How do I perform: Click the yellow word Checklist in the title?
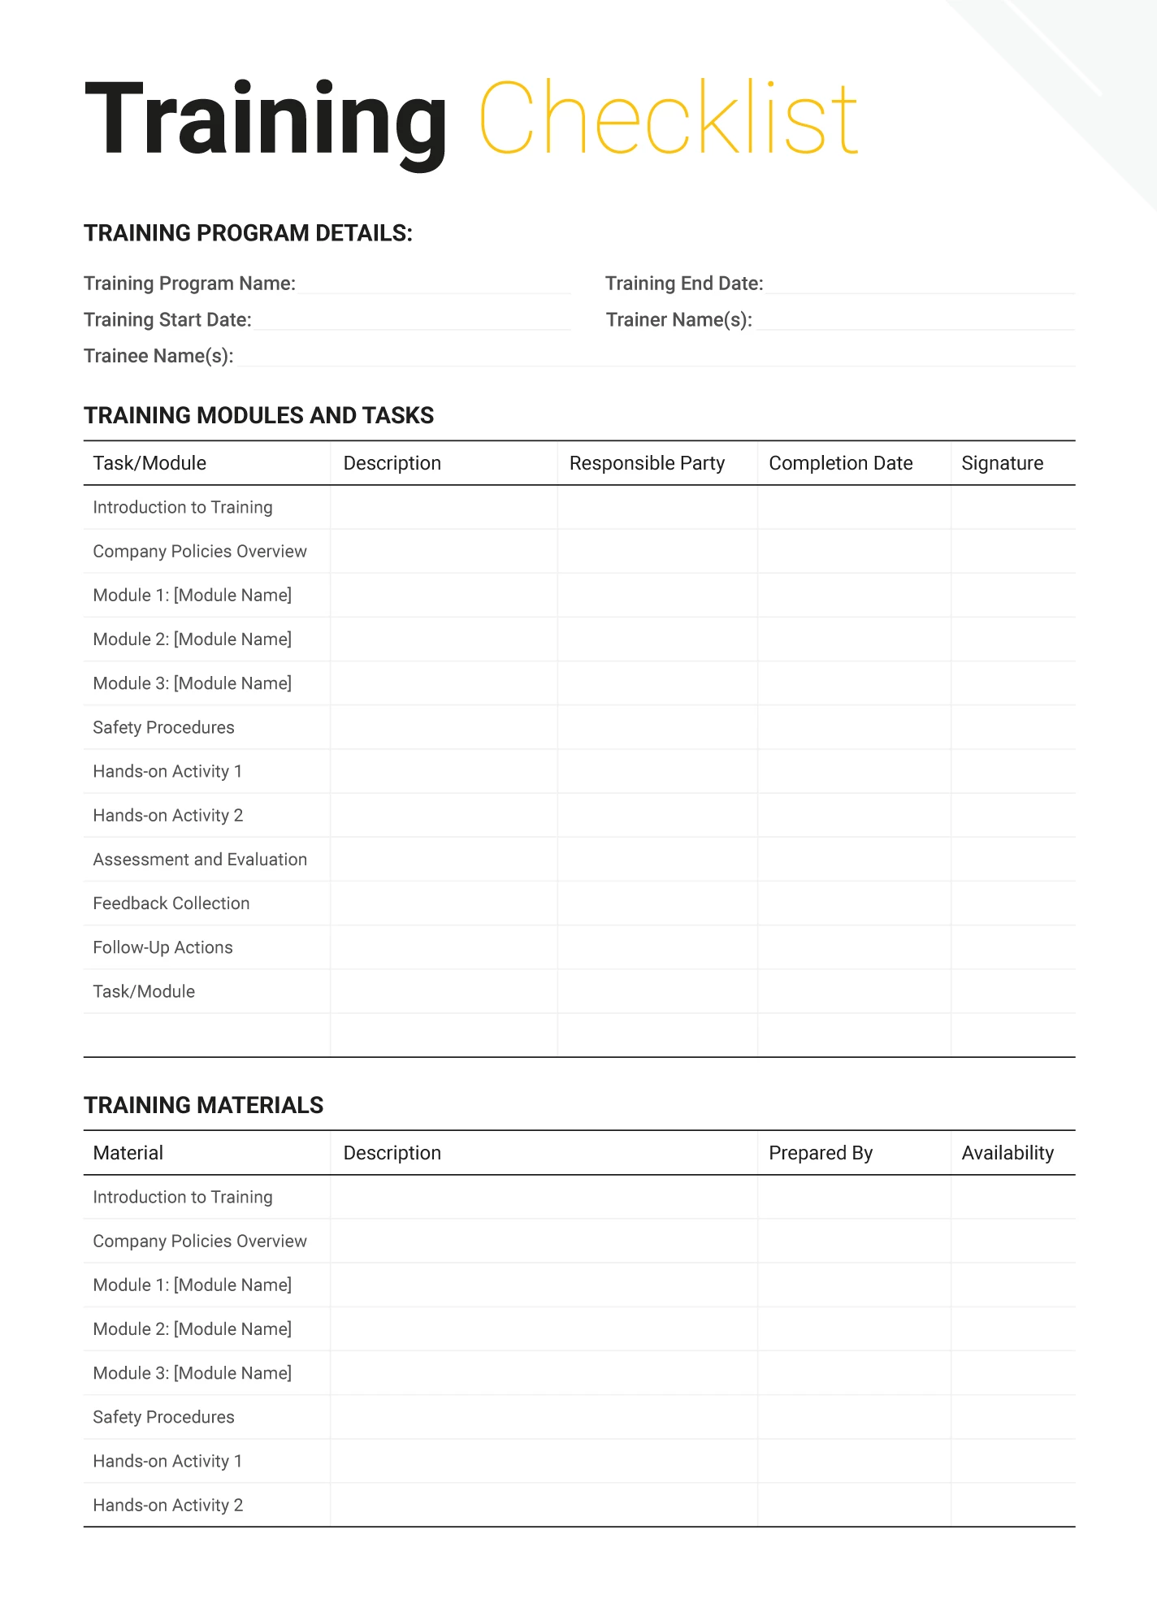point(668,119)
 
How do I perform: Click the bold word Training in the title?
point(265,120)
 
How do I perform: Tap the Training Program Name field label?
point(189,284)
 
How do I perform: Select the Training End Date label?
point(684,284)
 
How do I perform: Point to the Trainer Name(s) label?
point(679,320)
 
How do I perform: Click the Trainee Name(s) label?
point(158,357)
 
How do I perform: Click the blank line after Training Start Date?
point(411,322)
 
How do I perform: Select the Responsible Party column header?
point(647,463)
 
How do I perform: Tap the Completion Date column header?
point(840,463)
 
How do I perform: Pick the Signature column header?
point(1002,463)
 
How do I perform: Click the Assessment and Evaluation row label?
point(200,860)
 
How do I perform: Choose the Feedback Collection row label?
point(171,903)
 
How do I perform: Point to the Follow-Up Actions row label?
point(162,947)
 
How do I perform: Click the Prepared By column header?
point(820,1153)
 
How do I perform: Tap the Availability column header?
point(1007,1153)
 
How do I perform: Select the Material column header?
point(128,1153)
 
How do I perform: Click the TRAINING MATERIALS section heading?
point(203,1105)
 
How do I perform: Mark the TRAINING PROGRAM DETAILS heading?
point(248,233)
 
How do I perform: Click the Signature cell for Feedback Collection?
point(1012,903)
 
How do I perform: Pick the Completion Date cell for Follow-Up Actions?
point(854,947)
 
